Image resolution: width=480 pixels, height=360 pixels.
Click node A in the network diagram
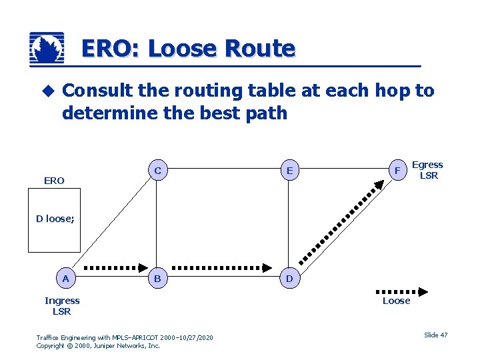pos(65,279)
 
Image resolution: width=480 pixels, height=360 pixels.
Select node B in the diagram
pos(157,279)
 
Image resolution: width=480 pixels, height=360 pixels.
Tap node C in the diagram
pos(157,171)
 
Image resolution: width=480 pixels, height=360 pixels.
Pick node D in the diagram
pos(289,279)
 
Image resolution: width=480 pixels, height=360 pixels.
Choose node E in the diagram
pos(289,171)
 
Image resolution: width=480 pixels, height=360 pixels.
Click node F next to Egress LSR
pos(397,171)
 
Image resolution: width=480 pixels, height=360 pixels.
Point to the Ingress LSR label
pos(62,306)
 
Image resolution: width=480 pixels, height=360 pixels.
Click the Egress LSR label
pos(427,170)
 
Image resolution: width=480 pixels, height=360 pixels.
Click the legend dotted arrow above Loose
pos(401,291)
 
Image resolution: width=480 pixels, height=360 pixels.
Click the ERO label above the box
pos(54,181)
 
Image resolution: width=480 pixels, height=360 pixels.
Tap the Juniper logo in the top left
pos(47,49)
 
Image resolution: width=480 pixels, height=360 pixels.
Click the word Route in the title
pos(259,49)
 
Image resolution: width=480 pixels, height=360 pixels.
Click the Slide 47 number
pos(435,335)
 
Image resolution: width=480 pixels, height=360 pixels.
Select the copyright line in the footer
pos(98,346)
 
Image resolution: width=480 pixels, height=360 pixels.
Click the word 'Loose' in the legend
pos(396,301)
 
